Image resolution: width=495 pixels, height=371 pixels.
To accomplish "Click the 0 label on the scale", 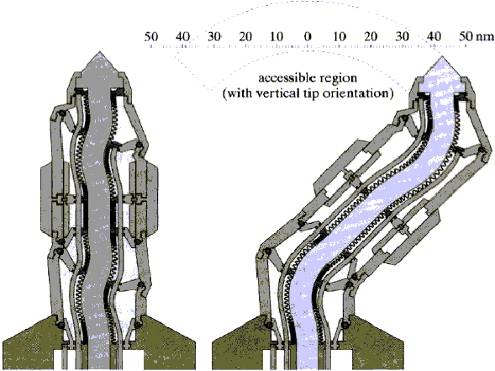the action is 308,37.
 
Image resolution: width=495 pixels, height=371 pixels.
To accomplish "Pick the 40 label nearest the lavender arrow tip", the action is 434,37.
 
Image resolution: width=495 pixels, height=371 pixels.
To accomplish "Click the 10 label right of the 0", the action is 340,37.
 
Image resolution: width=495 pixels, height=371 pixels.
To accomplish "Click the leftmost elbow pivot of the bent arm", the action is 268,252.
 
